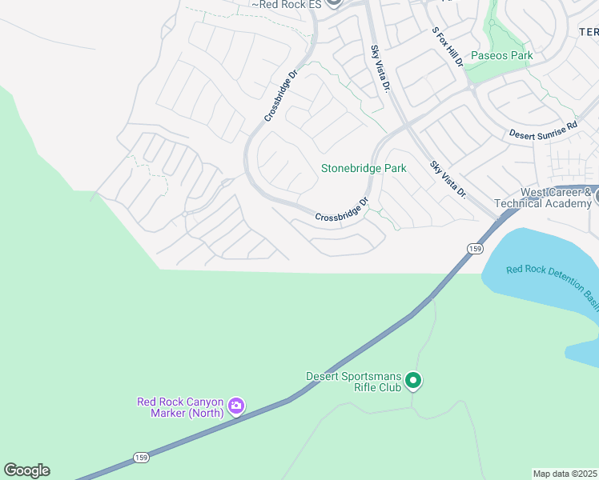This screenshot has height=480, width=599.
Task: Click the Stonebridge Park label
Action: click(364, 169)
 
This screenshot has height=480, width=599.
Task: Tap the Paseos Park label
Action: click(501, 56)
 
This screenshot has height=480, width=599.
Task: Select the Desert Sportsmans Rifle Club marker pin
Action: click(413, 381)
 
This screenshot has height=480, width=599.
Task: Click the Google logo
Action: click(26, 470)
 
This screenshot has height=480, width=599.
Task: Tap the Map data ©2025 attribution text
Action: click(565, 474)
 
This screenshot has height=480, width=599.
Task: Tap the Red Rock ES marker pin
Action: click(334, 2)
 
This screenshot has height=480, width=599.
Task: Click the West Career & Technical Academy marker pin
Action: click(596, 194)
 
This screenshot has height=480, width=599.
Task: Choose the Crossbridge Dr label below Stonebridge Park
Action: click(341, 210)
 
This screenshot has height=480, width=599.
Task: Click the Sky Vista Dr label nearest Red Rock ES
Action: click(379, 69)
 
